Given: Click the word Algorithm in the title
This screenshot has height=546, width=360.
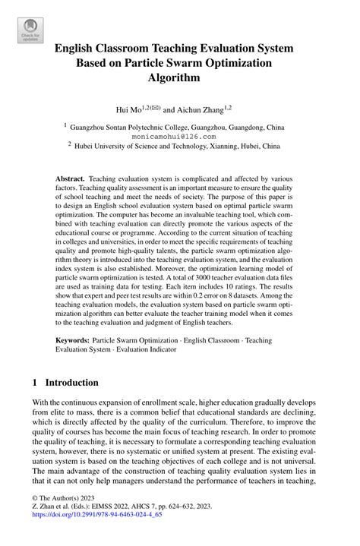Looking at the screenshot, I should (180, 77).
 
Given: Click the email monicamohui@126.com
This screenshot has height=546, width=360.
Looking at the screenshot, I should (180, 137).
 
